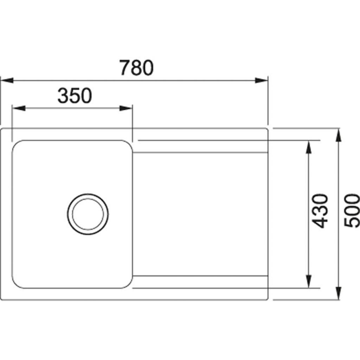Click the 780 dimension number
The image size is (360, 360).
coord(136,68)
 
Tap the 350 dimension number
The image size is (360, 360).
coord(75,96)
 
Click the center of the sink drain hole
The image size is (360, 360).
coord(88,214)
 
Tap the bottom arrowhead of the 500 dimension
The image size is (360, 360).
coord(339,293)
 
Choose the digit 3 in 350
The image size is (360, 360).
coord(63,96)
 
